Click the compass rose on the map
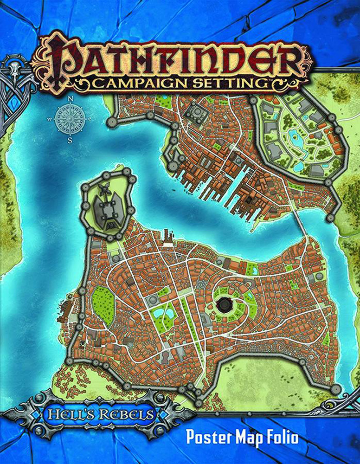point(71,118)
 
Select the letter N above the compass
point(71,99)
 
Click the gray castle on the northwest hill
point(108,207)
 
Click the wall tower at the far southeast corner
point(335,389)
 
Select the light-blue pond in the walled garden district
point(296,136)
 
